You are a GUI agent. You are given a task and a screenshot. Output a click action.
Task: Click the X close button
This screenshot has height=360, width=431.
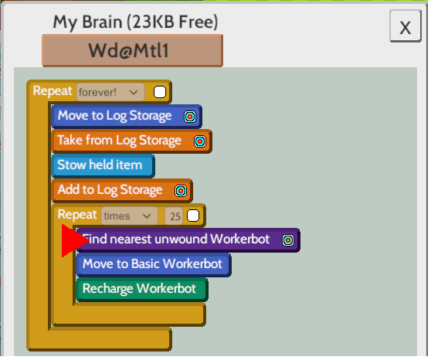pyautogui.click(x=406, y=25)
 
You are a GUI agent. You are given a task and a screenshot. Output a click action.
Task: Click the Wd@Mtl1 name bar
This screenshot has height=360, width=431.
pyautogui.click(x=132, y=51)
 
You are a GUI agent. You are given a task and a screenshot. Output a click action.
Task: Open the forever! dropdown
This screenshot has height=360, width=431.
pyautogui.click(x=110, y=92)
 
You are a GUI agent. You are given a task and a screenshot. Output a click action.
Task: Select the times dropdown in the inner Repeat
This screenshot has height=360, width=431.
pyautogui.click(x=130, y=216)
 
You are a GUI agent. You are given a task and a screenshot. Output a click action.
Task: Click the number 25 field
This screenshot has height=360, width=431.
pyautogui.click(x=174, y=216)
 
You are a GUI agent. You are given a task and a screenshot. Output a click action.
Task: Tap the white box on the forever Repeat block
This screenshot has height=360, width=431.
pyautogui.click(x=160, y=92)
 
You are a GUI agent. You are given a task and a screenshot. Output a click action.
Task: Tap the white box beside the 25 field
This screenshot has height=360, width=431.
pyautogui.click(x=193, y=216)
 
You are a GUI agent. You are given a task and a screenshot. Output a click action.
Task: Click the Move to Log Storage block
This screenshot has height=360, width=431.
pyautogui.click(x=127, y=116)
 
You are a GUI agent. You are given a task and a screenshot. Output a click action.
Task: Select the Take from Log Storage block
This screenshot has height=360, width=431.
pyautogui.click(x=131, y=141)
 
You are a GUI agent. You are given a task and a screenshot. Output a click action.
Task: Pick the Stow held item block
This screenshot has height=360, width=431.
pyautogui.click(x=103, y=165)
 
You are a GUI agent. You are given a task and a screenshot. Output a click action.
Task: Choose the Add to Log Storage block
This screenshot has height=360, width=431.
pyautogui.click(x=122, y=190)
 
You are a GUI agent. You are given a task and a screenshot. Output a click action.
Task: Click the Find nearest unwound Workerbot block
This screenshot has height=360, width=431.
pyautogui.click(x=188, y=239)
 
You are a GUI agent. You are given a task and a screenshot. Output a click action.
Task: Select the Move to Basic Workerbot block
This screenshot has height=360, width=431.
pyautogui.click(x=154, y=264)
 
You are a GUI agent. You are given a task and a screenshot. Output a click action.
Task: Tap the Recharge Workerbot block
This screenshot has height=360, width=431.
pyautogui.click(x=142, y=290)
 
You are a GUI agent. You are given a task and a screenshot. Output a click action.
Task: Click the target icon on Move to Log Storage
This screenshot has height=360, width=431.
pyautogui.click(x=190, y=117)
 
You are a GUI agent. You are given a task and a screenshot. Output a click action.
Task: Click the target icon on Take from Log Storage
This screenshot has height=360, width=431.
pyautogui.click(x=200, y=141)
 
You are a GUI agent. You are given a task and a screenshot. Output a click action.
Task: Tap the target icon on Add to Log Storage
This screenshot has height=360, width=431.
pyautogui.click(x=181, y=191)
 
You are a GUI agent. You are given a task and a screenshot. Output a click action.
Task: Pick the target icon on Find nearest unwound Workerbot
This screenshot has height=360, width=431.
pyautogui.click(x=288, y=240)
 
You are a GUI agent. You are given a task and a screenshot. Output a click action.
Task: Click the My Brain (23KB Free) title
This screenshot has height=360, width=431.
pyautogui.click(x=135, y=22)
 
